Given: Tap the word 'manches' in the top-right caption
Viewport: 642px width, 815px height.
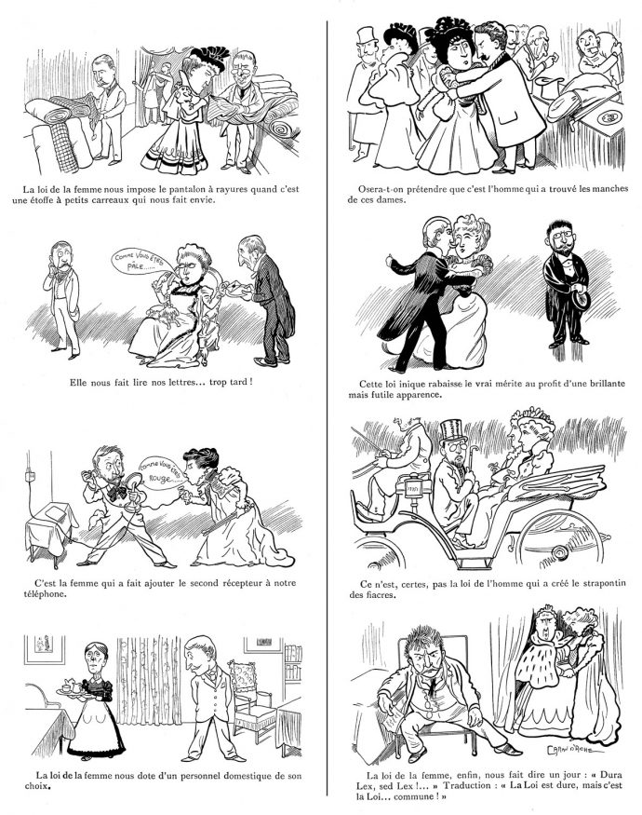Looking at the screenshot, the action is (x=609, y=189).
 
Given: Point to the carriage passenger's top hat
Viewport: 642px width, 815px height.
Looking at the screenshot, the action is (x=451, y=432).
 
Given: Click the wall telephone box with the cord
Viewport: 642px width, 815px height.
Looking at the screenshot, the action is (x=31, y=474).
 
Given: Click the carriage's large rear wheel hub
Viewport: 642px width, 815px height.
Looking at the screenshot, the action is (x=560, y=550).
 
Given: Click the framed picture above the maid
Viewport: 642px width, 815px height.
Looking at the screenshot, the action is (x=46, y=648).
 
